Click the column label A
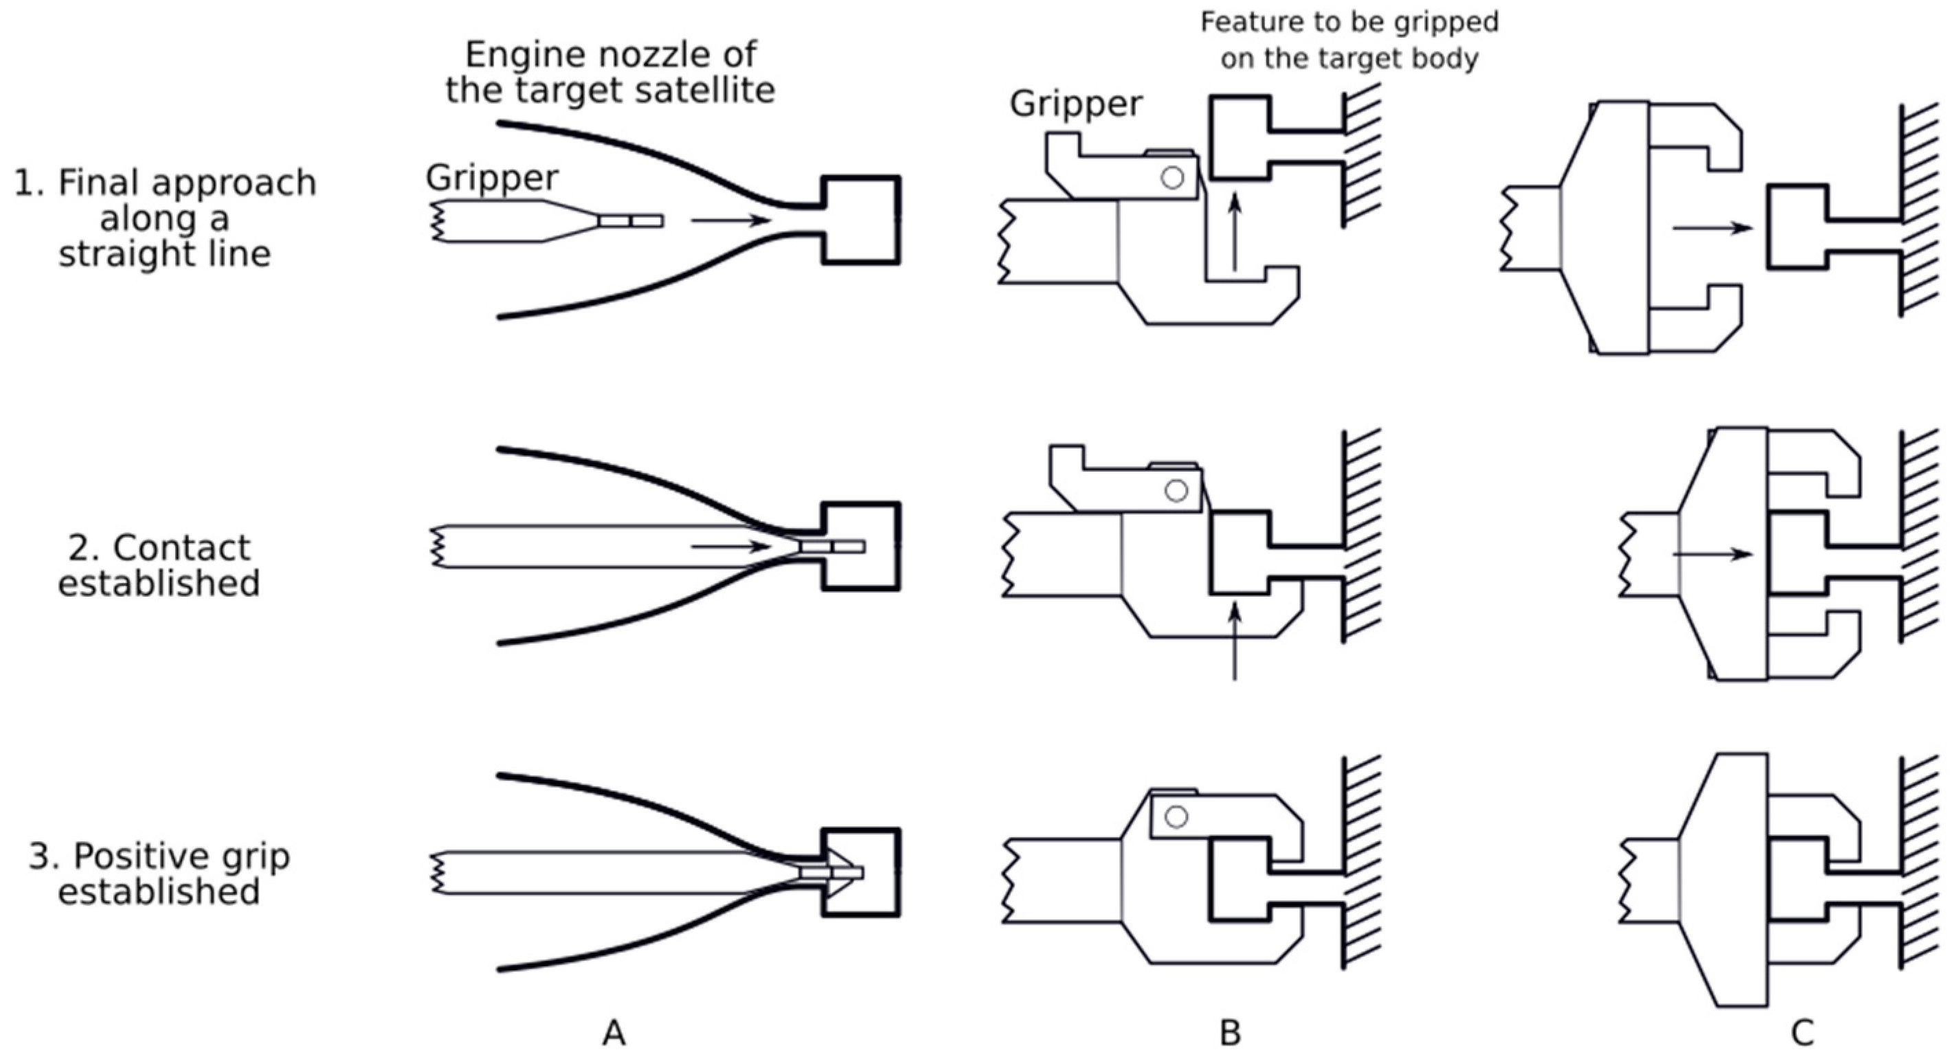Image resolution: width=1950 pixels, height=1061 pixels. tap(614, 1032)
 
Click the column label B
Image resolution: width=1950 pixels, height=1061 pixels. tap(1230, 1032)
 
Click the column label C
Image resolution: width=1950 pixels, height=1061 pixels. tap(1802, 1032)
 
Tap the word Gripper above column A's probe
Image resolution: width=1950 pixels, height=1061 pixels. tap(492, 178)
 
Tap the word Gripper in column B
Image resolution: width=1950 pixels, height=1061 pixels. tap(1076, 104)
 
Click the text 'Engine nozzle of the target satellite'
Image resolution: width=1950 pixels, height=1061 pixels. tap(610, 73)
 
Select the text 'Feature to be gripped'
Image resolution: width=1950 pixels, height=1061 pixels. tap(1349, 22)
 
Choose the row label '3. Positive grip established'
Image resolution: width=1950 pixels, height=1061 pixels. tap(159, 874)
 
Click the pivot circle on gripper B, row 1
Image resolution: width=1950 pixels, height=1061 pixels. tap(1173, 178)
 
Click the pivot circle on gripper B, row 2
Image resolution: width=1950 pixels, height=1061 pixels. tap(1176, 490)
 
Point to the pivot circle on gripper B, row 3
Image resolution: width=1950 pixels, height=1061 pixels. tap(1176, 817)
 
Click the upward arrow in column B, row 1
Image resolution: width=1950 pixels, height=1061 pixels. tap(1235, 231)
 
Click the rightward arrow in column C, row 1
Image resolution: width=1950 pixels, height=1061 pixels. tap(1712, 227)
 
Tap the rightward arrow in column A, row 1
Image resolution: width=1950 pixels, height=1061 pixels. tap(730, 220)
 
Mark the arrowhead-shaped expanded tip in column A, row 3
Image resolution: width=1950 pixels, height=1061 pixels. tap(839, 873)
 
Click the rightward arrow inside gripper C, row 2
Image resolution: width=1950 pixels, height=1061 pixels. tap(1712, 554)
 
